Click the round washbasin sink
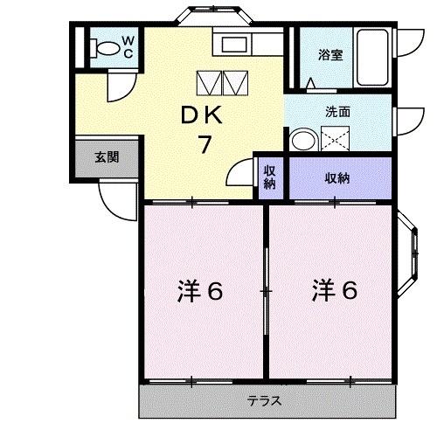click(x=303, y=139)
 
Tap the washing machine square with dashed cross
click(x=336, y=139)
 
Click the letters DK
click(x=203, y=114)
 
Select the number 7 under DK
click(x=204, y=144)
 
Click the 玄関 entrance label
click(x=108, y=158)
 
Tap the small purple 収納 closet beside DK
click(x=270, y=177)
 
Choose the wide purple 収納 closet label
click(x=338, y=178)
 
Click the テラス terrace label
click(x=263, y=402)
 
